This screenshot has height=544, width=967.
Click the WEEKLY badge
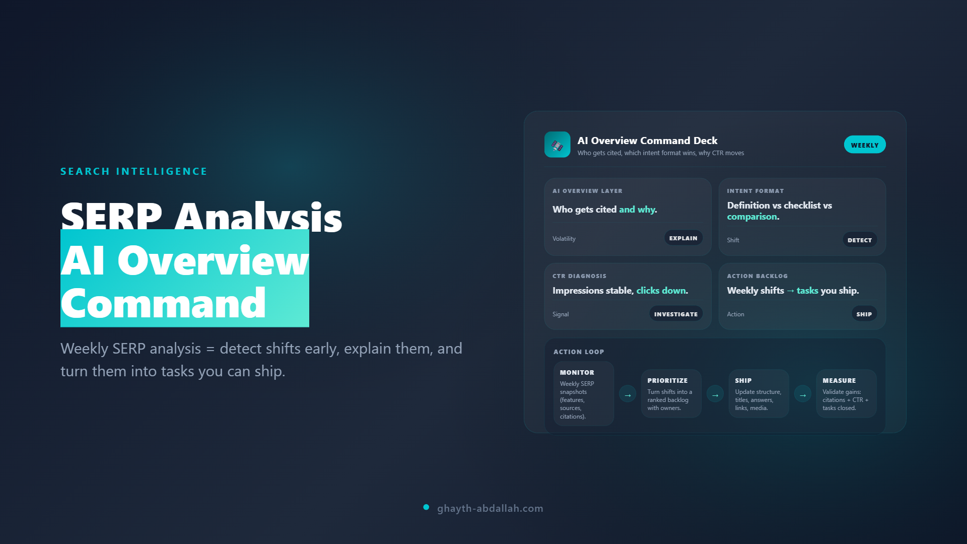(864, 145)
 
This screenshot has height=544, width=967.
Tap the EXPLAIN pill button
(683, 238)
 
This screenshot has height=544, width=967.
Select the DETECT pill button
(859, 240)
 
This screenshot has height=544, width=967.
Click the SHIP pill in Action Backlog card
(864, 314)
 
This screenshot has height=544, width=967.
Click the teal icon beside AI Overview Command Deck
(557, 145)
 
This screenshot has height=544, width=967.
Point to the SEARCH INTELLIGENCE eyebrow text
(133, 172)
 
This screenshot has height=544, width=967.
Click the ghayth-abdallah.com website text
(490, 509)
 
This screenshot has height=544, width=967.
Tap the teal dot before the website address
(426, 507)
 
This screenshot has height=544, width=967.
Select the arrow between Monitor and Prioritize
(628, 395)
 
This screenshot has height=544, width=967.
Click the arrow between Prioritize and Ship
(715, 395)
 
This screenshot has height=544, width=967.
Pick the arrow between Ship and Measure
(803, 395)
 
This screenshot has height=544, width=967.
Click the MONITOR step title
(577, 373)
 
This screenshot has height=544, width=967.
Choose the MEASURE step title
(839, 381)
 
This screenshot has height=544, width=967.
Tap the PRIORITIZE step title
(667, 381)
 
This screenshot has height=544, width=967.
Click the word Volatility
(564, 239)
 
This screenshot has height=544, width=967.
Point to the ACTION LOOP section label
(579, 352)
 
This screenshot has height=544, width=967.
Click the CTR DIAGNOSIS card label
(579, 276)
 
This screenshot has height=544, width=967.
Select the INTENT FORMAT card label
(755, 191)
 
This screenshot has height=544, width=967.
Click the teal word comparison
(752, 217)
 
